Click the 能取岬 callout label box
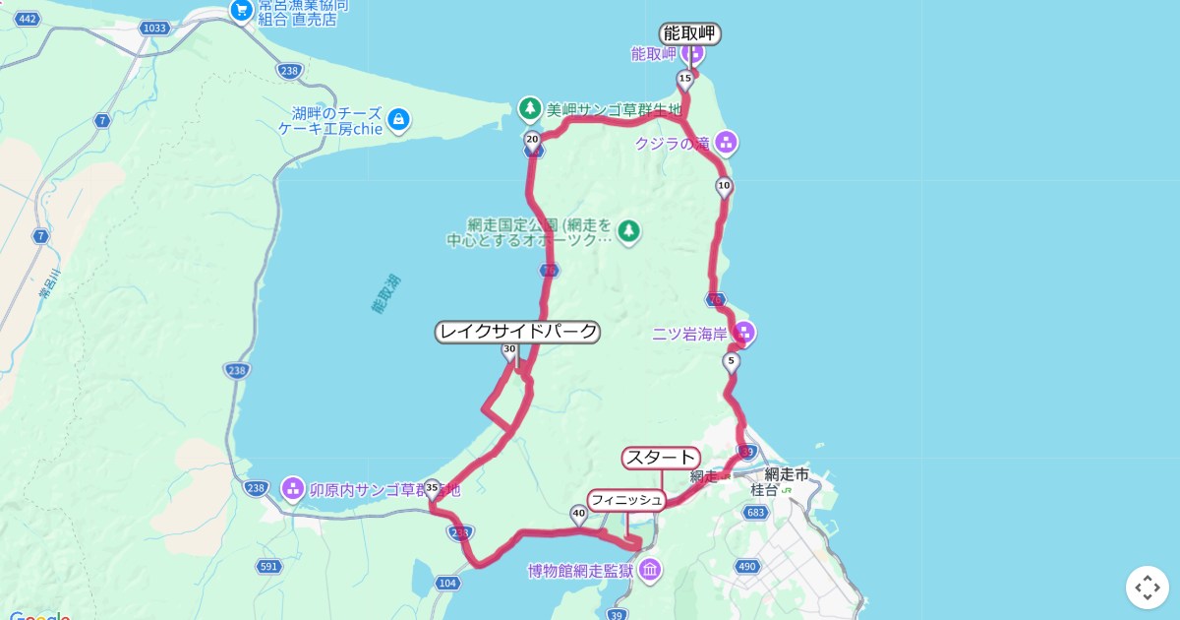pyautogui.click(x=690, y=34)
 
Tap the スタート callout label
pyautogui.click(x=661, y=458)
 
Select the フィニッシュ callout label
pyautogui.click(x=626, y=500)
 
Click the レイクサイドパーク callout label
pyautogui.click(x=517, y=332)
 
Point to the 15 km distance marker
pyautogui.click(x=684, y=79)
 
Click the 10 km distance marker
pyautogui.click(x=724, y=186)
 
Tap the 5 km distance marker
pyautogui.click(x=730, y=362)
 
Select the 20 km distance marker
pyautogui.click(x=532, y=140)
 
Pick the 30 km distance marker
pyautogui.click(x=509, y=349)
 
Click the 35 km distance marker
pyautogui.click(x=432, y=486)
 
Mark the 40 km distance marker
pyautogui.click(x=578, y=512)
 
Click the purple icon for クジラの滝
pyautogui.click(x=727, y=143)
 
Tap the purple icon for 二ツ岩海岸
pyautogui.click(x=744, y=333)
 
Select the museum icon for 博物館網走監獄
pyautogui.click(x=650, y=569)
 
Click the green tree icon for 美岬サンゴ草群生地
pyautogui.click(x=530, y=107)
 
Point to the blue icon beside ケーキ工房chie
pyautogui.click(x=398, y=120)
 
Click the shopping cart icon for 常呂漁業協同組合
pyautogui.click(x=241, y=11)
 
